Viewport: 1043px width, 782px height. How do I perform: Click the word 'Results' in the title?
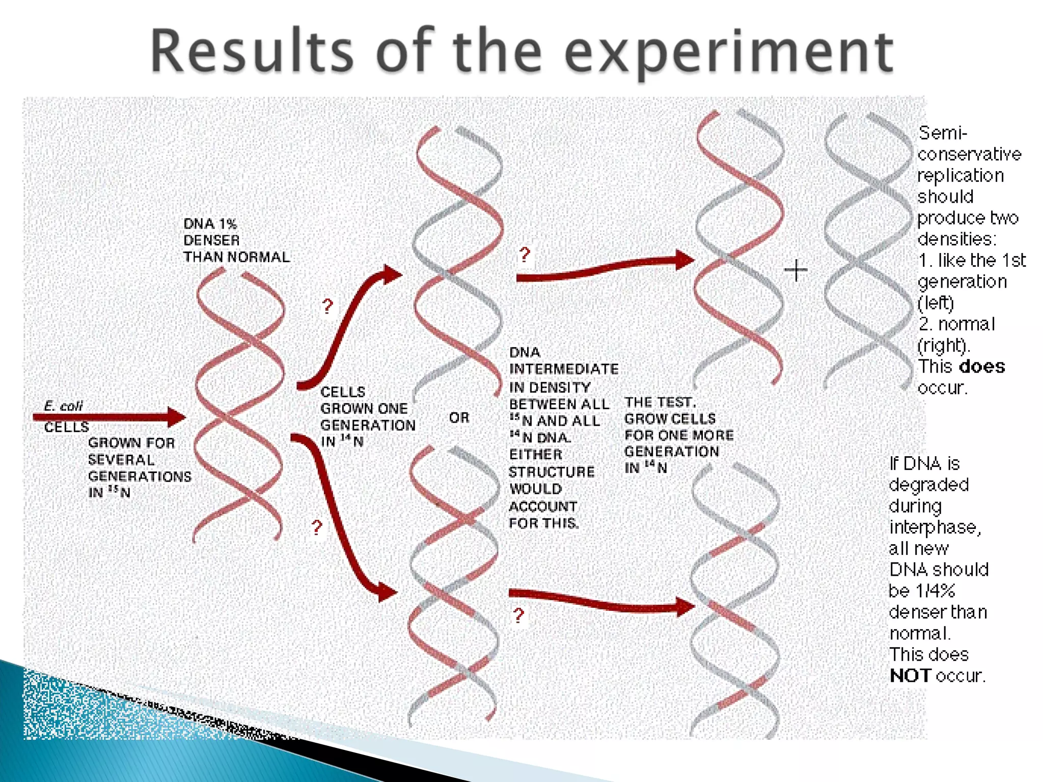(x=252, y=52)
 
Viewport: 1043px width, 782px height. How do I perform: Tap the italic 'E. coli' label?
(x=63, y=406)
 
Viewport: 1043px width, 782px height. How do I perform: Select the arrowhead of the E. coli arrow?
(x=176, y=417)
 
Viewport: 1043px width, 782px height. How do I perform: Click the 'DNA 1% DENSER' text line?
(x=210, y=224)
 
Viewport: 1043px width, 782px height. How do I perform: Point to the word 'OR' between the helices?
(x=459, y=418)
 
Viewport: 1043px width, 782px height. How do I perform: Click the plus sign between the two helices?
(x=795, y=270)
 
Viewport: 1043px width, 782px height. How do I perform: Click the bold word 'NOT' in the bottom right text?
(x=910, y=676)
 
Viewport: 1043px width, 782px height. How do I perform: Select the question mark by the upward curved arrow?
(x=327, y=306)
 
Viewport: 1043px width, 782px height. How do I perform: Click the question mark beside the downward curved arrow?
(x=317, y=527)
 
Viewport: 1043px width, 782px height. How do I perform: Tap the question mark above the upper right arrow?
(x=525, y=254)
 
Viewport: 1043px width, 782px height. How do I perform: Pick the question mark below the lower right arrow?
(x=518, y=616)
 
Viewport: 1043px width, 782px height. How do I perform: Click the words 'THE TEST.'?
(x=660, y=402)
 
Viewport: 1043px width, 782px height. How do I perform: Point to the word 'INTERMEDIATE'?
(x=564, y=369)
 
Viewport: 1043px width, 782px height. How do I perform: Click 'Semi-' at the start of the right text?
(x=942, y=133)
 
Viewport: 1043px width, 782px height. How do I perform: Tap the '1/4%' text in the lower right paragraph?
(x=935, y=591)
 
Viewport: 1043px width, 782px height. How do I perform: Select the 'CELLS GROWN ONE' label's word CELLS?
(x=343, y=392)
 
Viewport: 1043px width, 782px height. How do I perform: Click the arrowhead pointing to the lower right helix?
(x=685, y=606)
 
